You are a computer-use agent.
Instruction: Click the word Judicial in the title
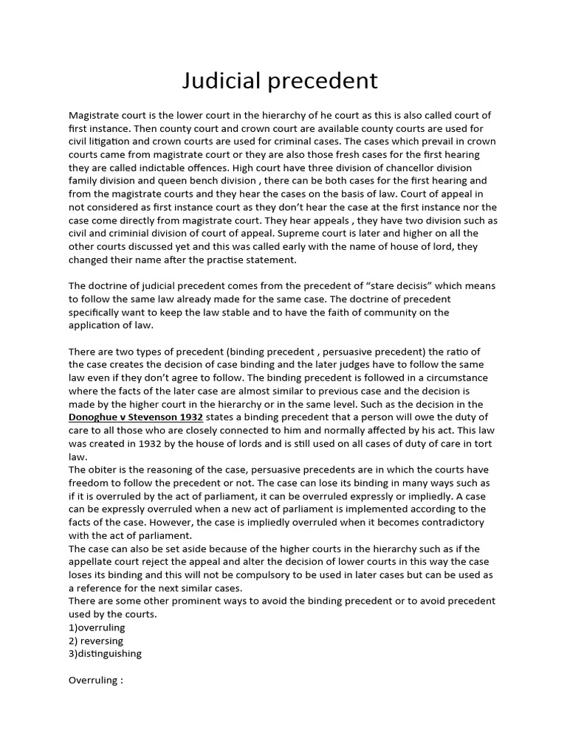click(x=219, y=80)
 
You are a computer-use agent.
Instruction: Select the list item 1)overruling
click(x=97, y=627)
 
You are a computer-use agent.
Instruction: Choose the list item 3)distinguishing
click(x=105, y=653)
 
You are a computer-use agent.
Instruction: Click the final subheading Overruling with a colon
click(x=94, y=680)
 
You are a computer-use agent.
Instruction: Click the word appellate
click(x=94, y=562)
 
